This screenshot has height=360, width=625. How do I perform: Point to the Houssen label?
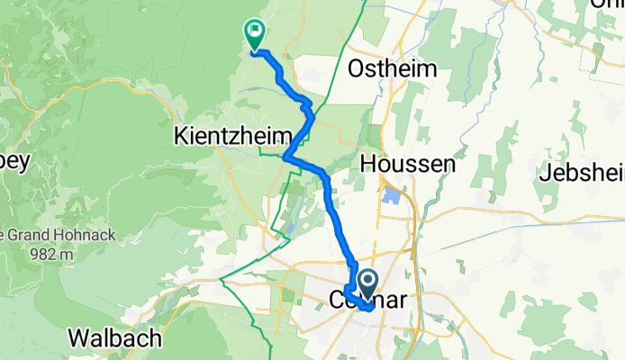pos(404,163)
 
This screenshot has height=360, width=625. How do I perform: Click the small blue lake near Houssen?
pos(391,193)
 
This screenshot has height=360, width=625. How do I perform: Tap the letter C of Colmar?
pos(339,298)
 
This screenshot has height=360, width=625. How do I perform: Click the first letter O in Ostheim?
pos(357,69)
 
